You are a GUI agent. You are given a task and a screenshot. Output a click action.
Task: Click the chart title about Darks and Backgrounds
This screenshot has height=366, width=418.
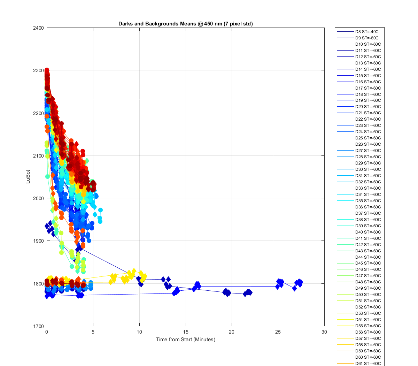(186, 24)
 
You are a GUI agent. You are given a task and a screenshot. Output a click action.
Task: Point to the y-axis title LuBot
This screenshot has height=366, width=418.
(28, 177)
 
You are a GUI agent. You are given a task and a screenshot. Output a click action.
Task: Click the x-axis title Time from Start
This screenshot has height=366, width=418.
(186, 340)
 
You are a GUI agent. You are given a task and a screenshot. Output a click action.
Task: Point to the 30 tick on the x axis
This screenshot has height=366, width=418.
(324, 332)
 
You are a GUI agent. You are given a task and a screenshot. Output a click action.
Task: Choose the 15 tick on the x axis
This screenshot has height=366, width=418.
(186, 332)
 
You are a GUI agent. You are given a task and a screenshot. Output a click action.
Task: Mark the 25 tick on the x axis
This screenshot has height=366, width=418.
(278, 332)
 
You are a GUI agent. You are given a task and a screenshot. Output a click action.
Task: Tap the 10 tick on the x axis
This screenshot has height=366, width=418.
(139, 332)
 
